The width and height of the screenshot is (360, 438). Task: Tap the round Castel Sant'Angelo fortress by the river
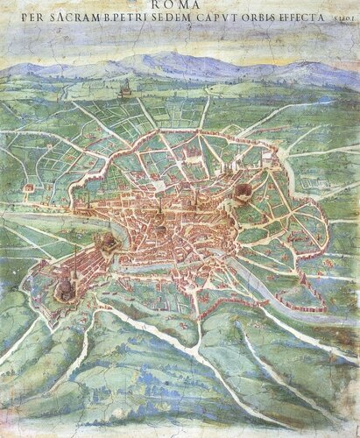point(107,240)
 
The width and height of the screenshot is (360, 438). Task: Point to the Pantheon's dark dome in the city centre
point(160,230)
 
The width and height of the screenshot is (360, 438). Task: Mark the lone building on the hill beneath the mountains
point(124,88)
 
